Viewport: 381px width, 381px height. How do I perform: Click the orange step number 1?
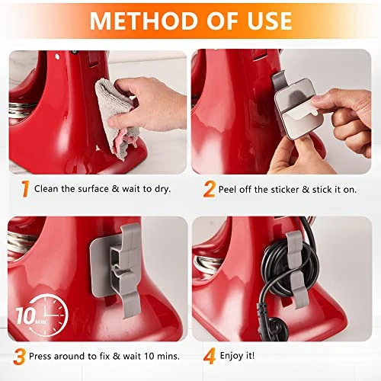[x=25, y=189]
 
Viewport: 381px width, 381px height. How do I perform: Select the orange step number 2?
[x=210, y=189]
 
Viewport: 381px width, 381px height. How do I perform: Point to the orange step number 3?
[x=19, y=357]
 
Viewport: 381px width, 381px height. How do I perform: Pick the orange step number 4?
[x=210, y=357]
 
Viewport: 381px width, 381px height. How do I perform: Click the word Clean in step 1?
[x=46, y=189]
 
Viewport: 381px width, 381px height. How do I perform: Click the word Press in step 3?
[x=40, y=356]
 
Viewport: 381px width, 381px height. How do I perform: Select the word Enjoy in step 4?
[x=232, y=356]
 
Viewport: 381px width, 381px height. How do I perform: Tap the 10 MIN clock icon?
[x=43, y=315]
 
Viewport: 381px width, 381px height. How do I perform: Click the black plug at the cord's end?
[x=277, y=328]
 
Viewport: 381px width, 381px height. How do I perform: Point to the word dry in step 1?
[x=162, y=189]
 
